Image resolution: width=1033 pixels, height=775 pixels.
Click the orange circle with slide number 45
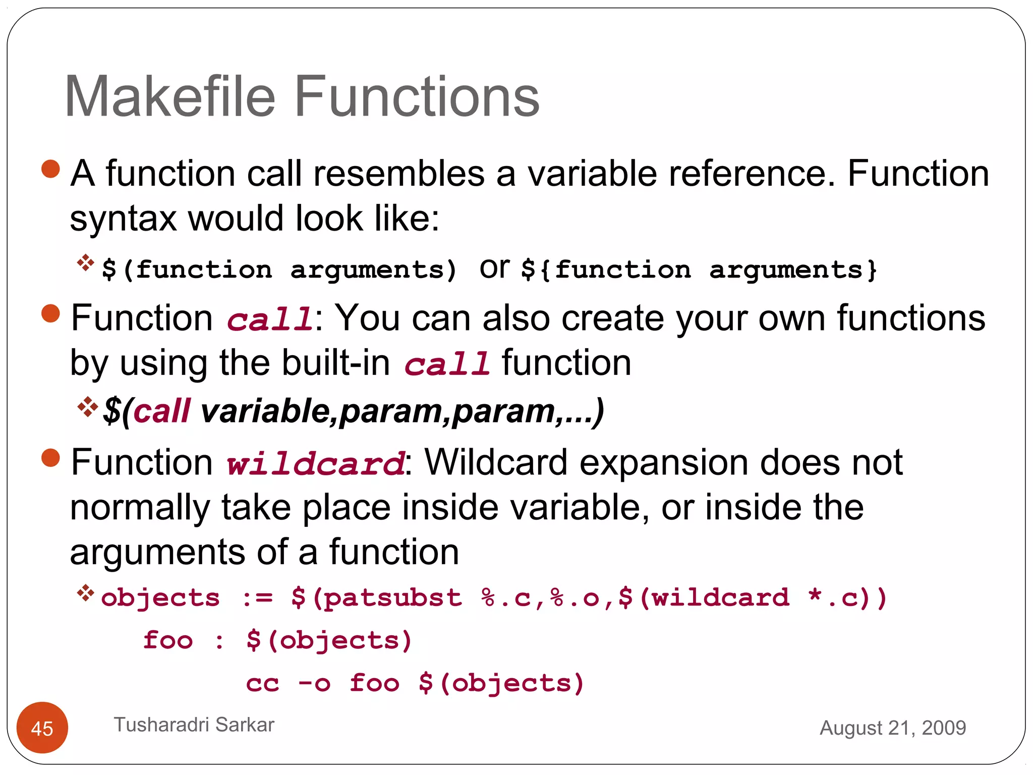pos(42,728)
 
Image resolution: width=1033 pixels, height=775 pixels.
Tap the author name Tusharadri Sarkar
pos(194,725)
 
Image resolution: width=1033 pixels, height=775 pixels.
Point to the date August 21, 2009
pos(892,728)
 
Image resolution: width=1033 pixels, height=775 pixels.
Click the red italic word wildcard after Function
pos(315,463)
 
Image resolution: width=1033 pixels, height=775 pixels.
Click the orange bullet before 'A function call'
pos(50,169)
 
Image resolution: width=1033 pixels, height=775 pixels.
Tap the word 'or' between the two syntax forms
pos(494,268)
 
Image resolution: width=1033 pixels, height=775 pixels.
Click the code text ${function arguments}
pos(699,270)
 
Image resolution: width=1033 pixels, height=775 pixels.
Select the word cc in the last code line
pos(262,684)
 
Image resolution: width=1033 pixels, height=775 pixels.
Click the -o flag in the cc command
pos(315,684)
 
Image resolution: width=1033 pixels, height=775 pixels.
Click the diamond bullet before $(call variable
pos(87,407)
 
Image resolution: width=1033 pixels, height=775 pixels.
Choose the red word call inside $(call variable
pos(162,411)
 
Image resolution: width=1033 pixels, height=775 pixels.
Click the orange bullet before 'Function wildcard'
pos(50,458)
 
